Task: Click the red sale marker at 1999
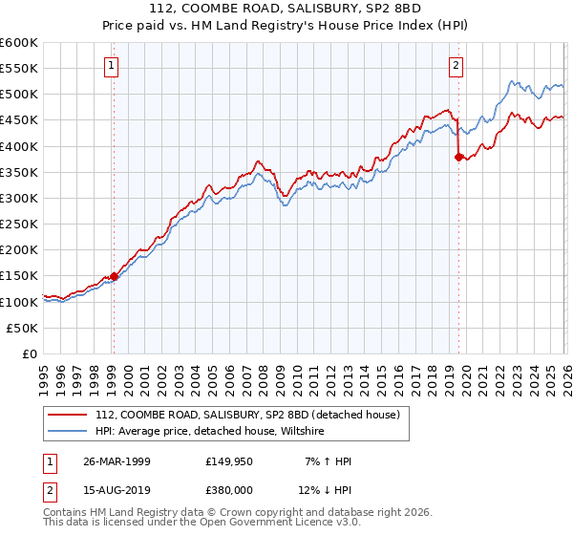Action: pyautogui.click(x=114, y=276)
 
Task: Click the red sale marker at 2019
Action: pyautogui.click(x=458, y=158)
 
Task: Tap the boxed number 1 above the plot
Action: pyautogui.click(x=113, y=66)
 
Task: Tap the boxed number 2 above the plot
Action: pyautogui.click(x=456, y=66)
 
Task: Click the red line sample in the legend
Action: pyautogui.click(x=68, y=415)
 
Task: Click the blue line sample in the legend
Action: pyautogui.click(x=68, y=432)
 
